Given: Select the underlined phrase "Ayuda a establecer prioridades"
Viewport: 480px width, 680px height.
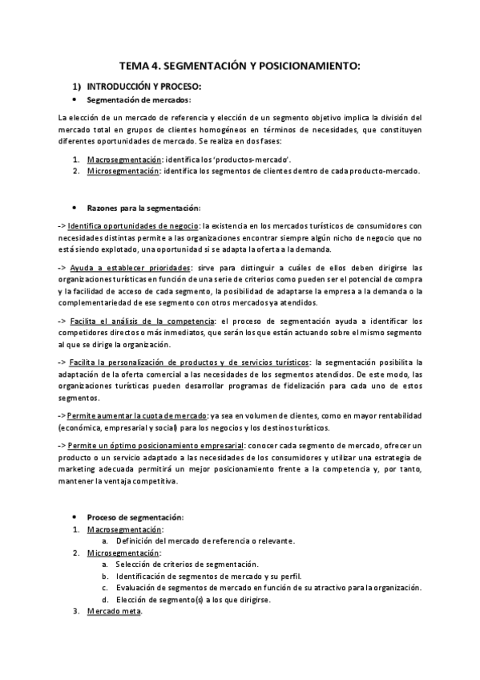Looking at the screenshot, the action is pyautogui.click(x=130, y=267).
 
